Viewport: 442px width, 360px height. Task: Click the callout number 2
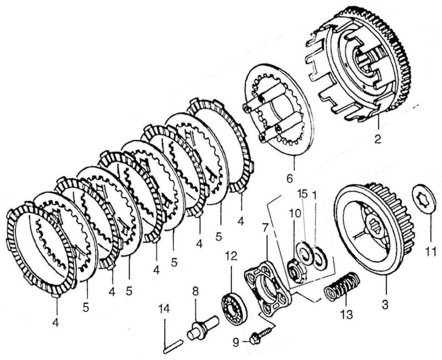point(378,139)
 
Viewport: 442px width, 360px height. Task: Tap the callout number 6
point(290,178)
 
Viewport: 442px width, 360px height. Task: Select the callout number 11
point(431,251)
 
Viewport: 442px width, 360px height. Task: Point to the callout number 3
point(385,304)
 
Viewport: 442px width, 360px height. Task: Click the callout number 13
point(346,314)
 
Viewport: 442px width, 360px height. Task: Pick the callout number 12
point(231,256)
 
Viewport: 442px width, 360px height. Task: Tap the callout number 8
point(195,291)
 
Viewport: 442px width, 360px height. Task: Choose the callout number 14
point(164,309)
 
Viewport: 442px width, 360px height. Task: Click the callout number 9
point(236,342)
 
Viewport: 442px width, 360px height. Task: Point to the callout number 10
point(295,213)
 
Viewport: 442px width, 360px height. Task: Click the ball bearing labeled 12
point(234,307)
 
